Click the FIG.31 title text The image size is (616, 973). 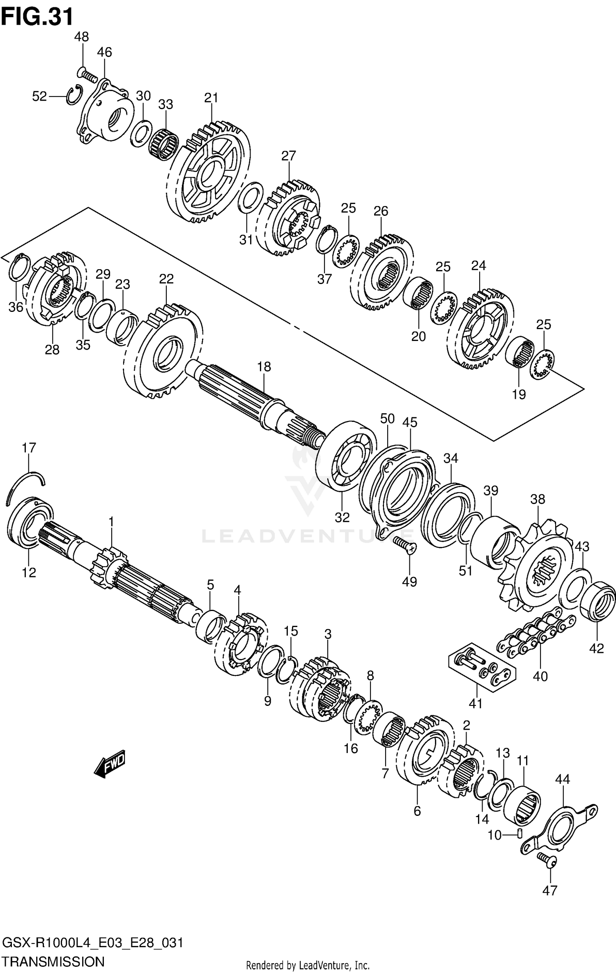pos(37,17)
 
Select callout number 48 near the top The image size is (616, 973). pos(81,37)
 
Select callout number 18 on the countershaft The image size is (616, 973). pos(264,366)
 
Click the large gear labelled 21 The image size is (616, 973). pos(209,172)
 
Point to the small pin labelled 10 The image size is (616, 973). pos(519,833)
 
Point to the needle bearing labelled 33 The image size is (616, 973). pos(164,146)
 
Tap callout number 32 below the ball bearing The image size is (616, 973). pos(342,517)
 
